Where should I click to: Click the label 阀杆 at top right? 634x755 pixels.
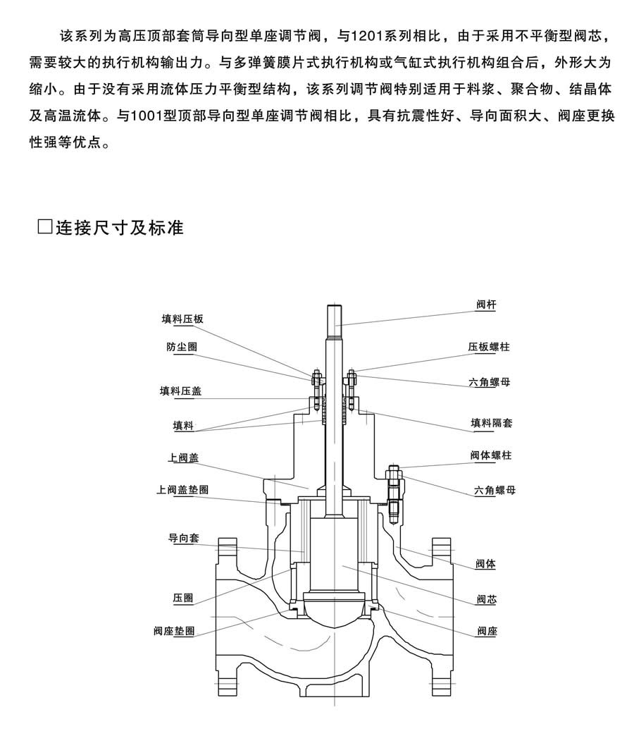point(486,305)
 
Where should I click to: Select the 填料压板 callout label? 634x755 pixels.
point(182,319)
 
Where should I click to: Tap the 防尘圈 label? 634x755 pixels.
point(182,347)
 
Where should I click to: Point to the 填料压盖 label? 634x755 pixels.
point(180,391)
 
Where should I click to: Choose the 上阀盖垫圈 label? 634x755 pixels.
point(182,490)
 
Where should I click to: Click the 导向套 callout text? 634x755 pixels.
point(183,538)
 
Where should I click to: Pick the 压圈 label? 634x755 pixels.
point(182,598)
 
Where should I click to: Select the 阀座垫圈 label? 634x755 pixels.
point(174,630)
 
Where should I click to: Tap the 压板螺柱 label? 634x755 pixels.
point(489,347)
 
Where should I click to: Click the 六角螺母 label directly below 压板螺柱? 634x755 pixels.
point(489,382)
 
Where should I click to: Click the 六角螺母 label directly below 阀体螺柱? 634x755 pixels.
point(495,490)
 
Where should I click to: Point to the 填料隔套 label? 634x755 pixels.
point(491,423)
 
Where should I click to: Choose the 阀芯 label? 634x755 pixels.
point(486,599)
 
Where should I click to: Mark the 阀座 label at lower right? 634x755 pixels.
point(487,631)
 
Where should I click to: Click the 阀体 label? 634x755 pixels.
point(485,564)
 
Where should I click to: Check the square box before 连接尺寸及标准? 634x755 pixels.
point(44,226)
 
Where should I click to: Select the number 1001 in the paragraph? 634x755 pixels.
point(147,116)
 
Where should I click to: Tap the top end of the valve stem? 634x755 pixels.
point(335,306)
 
